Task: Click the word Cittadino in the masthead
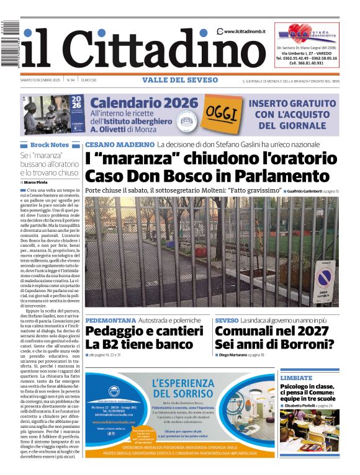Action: click(164, 50)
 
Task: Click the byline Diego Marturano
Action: click(233, 355)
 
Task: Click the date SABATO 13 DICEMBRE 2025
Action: click(40, 80)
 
